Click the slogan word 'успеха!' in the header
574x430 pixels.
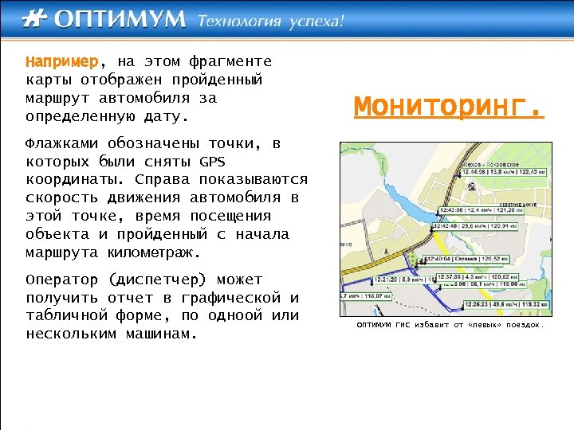point(315,21)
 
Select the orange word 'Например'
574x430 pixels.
point(61,61)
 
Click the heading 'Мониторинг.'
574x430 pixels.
point(449,106)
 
